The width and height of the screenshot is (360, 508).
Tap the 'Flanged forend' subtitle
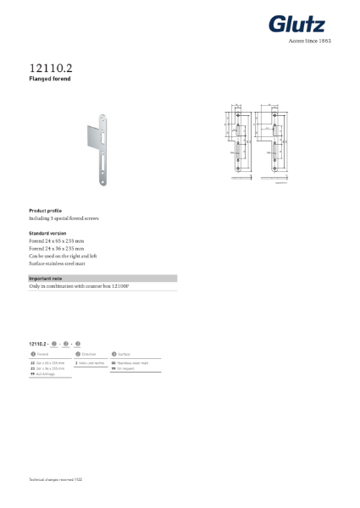coord(49,78)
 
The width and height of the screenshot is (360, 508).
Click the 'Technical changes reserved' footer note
coord(56,479)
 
